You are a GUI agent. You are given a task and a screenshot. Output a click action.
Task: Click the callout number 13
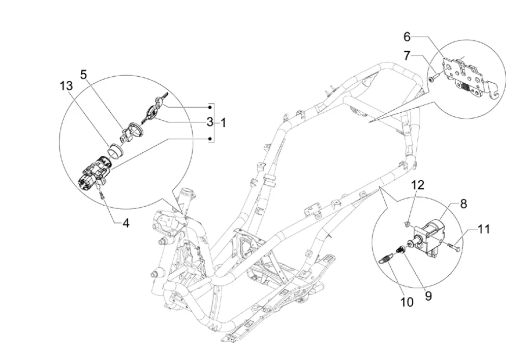point(66,86)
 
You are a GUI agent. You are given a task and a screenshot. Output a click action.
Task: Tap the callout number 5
point(83,75)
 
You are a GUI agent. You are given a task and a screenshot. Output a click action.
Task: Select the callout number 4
point(126,223)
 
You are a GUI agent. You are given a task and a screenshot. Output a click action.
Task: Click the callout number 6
point(407,37)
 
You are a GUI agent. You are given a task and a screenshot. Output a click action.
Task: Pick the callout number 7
point(407,56)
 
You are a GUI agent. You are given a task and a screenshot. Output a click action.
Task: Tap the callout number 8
point(463,204)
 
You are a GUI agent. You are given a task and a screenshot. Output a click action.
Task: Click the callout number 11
point(484,229)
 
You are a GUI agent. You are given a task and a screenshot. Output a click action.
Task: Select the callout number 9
point(428,296)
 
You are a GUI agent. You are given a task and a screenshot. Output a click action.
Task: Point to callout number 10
point(407,302)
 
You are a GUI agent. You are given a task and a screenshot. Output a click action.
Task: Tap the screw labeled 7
point(433,78)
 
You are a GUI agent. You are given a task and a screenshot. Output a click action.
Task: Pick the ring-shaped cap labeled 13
point(115,150)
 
